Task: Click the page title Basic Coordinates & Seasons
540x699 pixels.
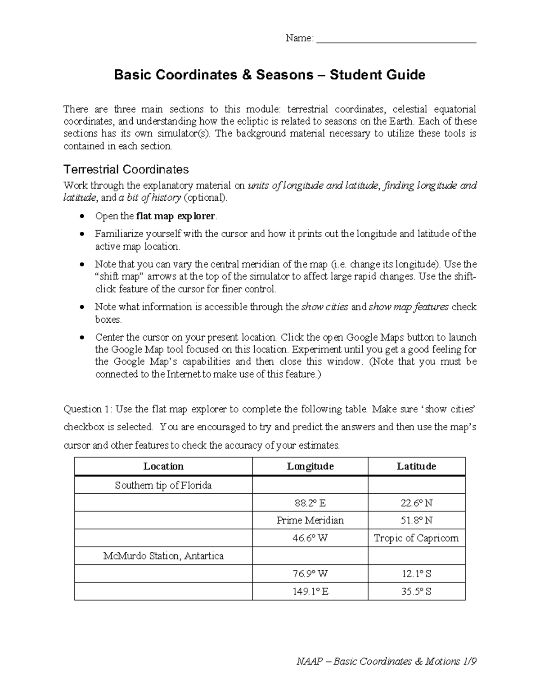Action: coord(270,74)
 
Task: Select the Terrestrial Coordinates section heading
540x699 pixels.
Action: coord(126,170)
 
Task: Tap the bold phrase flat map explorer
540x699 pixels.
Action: coord(175,216)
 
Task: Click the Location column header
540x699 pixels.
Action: coord(163,466)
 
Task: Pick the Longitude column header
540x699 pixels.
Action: coord(310,466)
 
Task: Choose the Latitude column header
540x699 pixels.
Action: coord(416,466)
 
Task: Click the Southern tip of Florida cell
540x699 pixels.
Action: coord(163,485)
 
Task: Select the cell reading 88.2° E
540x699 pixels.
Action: coord(310,503)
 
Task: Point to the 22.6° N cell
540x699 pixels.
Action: coord(416,503)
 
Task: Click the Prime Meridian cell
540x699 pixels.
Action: coord(310,520)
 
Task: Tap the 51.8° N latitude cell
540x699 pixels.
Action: coord(416,520)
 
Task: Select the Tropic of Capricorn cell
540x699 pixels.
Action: coord(416,538)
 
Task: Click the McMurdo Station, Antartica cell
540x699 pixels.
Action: coord(163,556)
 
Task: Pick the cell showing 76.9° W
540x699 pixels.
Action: coord(310,574)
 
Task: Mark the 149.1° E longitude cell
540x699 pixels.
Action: coord(310,591)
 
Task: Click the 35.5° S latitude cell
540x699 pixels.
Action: coord(416,591)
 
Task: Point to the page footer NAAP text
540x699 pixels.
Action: coord(386,662)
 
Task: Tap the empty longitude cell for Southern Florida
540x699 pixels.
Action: coord(310,485)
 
